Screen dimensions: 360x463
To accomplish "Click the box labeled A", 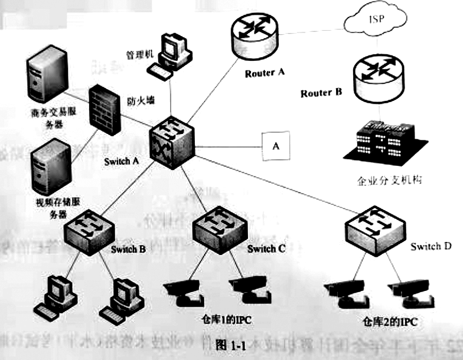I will coord(275,146).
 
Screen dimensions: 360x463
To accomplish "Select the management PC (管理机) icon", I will coord(172,54).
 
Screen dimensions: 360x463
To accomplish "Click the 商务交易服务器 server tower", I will coord(44,77).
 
